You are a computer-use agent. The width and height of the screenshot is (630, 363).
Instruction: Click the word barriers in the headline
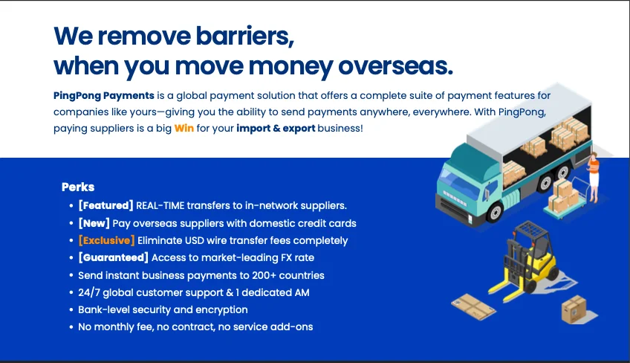(236, 35)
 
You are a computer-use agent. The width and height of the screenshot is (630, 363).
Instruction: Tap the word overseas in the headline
(394, 65)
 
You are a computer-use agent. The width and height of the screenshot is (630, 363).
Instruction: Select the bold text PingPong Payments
(104, 95)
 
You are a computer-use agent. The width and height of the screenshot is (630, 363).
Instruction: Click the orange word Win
(184, 128)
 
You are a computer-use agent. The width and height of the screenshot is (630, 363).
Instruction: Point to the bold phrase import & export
(276, 128)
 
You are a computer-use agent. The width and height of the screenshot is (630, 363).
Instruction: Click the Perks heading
(78, 187)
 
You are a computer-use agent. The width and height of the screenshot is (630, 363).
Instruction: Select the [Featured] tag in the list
(105, 205)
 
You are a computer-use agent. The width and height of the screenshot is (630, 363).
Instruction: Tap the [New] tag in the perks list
(94, 223)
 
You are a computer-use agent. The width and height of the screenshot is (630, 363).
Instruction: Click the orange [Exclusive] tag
(106, 240)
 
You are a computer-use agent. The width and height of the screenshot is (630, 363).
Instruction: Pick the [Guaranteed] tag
(113, 257)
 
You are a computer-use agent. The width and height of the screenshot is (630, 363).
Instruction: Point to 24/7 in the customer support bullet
(90, 292)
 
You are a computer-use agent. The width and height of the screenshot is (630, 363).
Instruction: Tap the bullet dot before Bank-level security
(70, 309)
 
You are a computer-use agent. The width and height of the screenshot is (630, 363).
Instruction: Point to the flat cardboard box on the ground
(472, 303)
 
